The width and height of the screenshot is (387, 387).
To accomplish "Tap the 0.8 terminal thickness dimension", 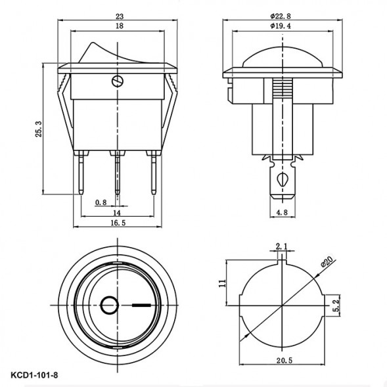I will pyautogui.click(x=101, y=202).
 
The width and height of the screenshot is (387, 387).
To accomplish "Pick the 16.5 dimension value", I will pyautogui.click(x=118, y=223).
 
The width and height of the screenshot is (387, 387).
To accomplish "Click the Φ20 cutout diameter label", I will pyautogui.click(x=326, y=262).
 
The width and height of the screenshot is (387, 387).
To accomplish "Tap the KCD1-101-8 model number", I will pyautogui.click(x=35, y=376).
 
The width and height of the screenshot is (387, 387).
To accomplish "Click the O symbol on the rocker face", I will pyautogui.click(x=109, y=304).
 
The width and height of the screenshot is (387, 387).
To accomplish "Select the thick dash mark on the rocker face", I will pyautogui.click(x=141, y=304).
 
